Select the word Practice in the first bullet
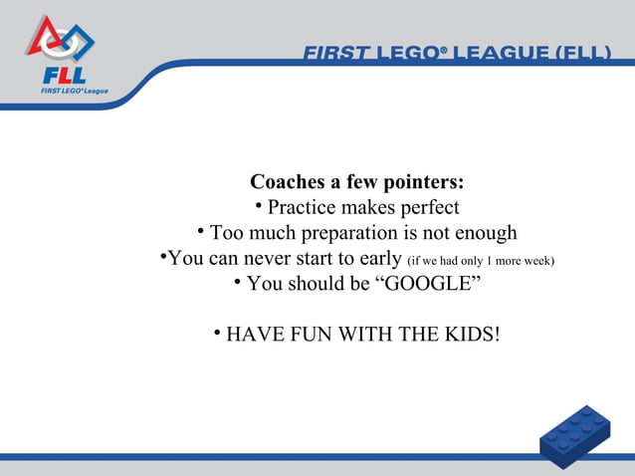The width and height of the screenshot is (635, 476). pyautogui.click(x=302, y=208)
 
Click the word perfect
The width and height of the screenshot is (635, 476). pyautogui.click(x=428, y=208)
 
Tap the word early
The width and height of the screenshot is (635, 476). pyautogui.click(x=379, y=260)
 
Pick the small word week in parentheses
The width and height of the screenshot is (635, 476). pyautogui.click(x=534, y=262)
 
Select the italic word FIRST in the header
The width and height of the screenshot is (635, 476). pyautogui.click(x=336, y=51)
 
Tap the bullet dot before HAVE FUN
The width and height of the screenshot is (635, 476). pyautogui.click(x=217, y=332)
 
